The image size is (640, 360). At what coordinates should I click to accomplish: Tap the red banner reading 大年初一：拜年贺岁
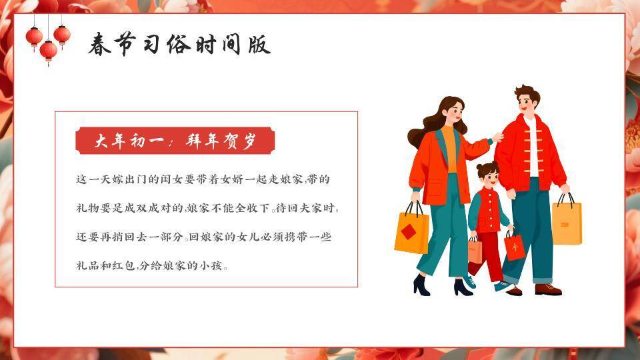pyautogui.click(x=175, y=141)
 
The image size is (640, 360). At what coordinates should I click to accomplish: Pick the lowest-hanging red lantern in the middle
pyautogui.click(x=49, y=50)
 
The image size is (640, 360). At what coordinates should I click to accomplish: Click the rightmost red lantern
pyautogui.click(x=62, y=34)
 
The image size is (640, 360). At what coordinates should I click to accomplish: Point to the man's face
pyautogui.click(x=525, y=103)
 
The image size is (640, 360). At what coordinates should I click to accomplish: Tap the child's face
pyautogui.click(x=488, y=177)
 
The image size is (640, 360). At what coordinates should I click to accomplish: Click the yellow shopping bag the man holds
pyautogui.click(x=567, y=223)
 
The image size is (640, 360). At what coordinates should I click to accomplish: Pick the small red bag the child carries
pyautogui.click(x=515, y=246)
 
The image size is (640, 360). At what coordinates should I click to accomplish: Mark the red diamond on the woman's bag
pyautogui.click(x=407, y=232)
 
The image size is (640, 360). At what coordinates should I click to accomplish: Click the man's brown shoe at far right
pyautogui.click(x=548, y=289)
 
